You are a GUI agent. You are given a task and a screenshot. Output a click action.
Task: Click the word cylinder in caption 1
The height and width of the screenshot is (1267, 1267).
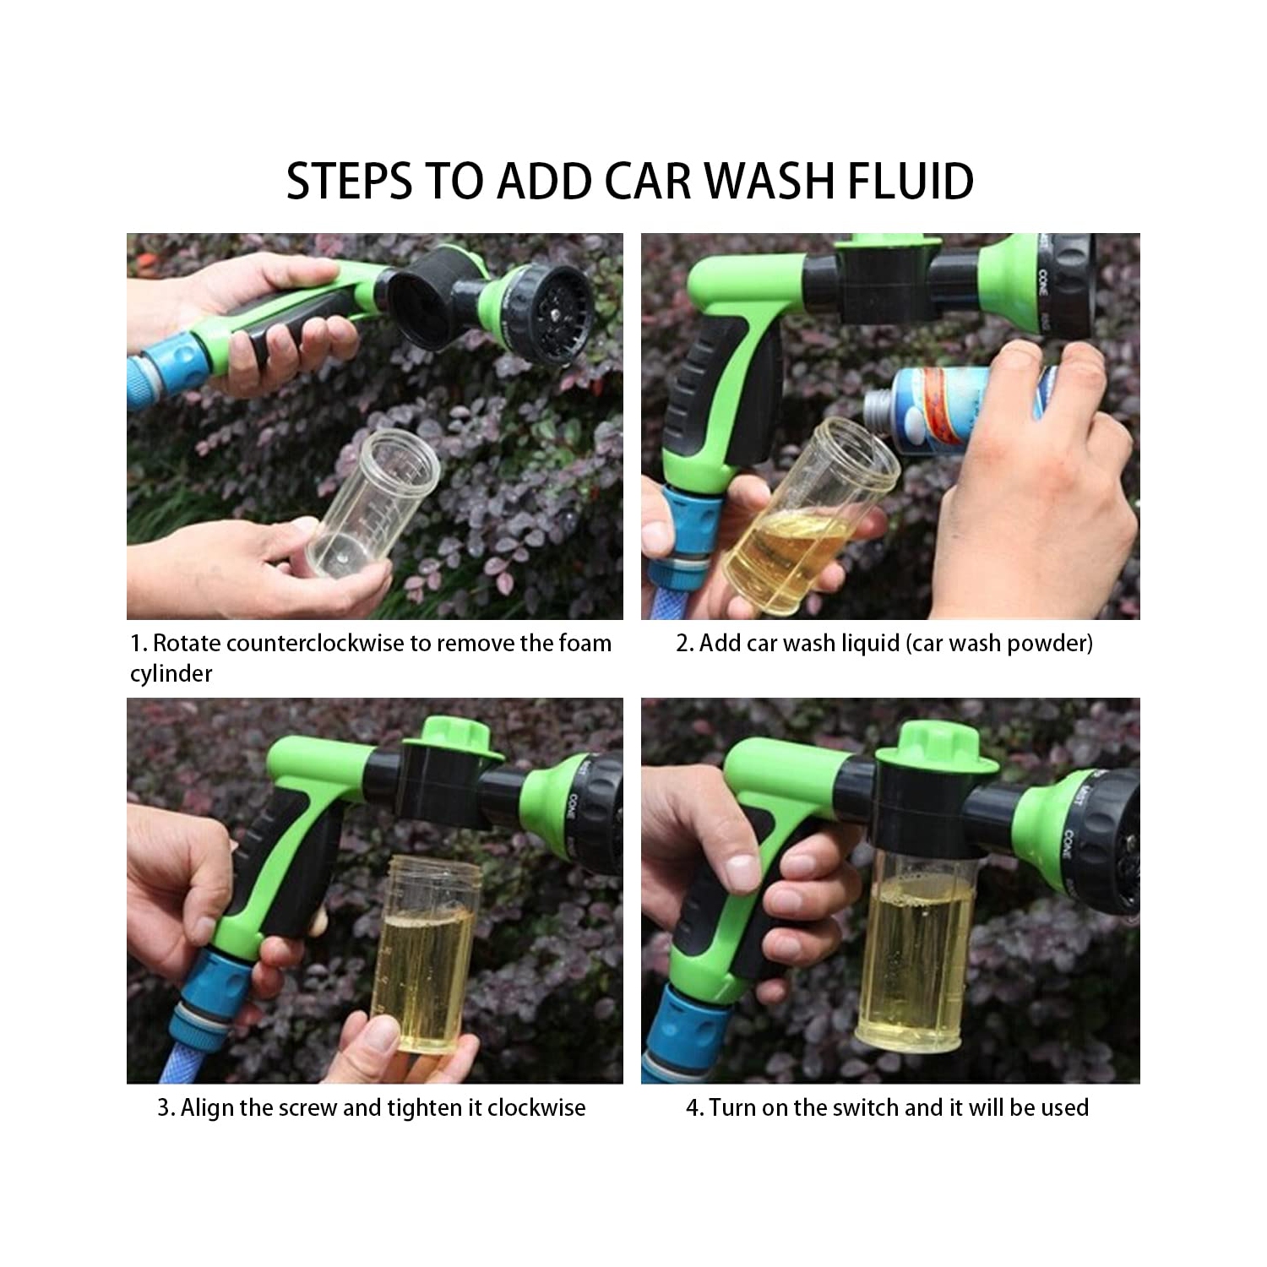[171, 674]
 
